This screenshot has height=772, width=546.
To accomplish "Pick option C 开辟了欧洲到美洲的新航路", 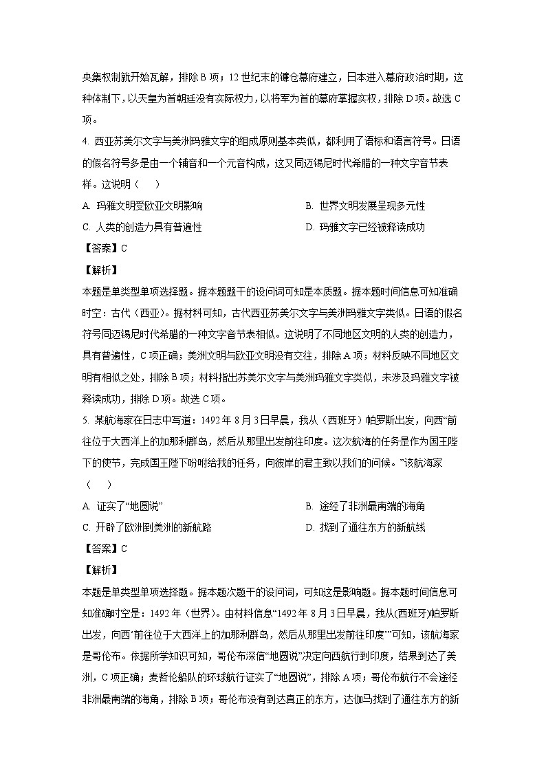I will pos(146,527).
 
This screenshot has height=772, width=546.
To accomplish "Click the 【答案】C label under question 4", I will pos(104,249).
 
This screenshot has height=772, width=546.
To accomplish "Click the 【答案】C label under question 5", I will pos(104,549).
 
